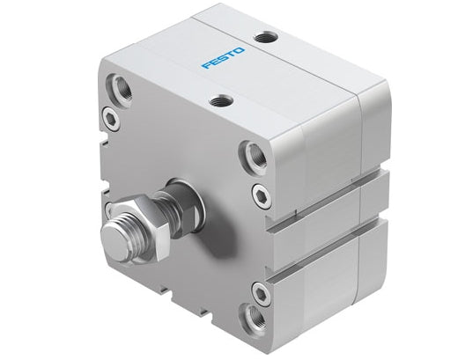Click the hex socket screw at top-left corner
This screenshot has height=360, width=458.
coord(109,116)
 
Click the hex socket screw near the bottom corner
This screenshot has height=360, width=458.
coord(260,292)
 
